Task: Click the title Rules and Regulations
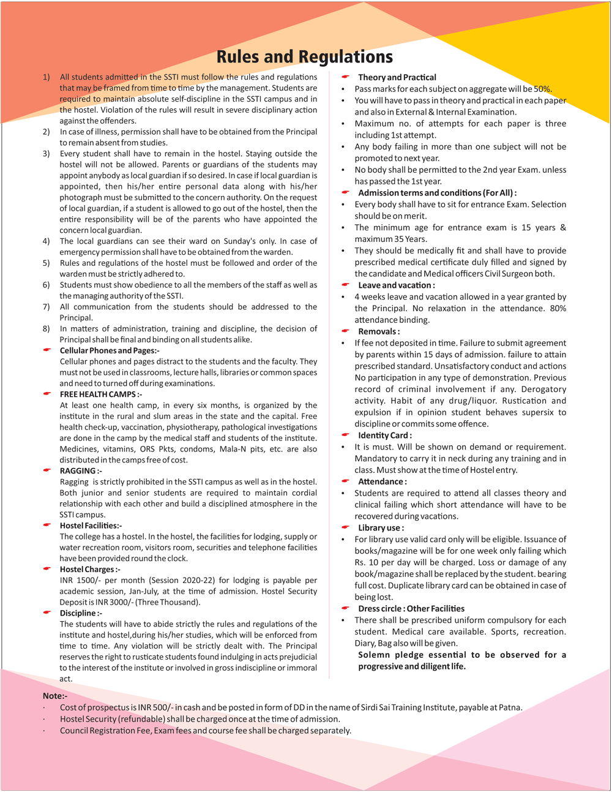[x=304, y=57]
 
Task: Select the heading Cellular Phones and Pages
[x=110, y=350]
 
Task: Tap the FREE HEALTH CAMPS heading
[x=100, y=394]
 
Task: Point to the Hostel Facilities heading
[x=91, y=526]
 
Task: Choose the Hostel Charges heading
[x=90, y=570]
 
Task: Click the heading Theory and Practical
[x=397, y=77]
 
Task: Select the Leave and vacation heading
[x=397, y=285]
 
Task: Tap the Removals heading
[x=379, y=331]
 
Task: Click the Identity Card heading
[x=385, y=436]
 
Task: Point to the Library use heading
[x=381, y=528]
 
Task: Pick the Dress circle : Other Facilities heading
[x=411, y=609]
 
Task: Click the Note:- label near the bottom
[x=55, y=696]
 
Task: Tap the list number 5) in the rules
[x=47, y=263]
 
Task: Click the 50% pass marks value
[x=542, y=89]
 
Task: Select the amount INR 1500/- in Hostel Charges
[x=79, y=581]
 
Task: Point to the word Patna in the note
[x=510, y=707]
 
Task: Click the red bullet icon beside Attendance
[x=346, y=481]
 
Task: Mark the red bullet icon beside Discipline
[x=47, y=613]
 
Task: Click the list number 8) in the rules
[x=47, y=329]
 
